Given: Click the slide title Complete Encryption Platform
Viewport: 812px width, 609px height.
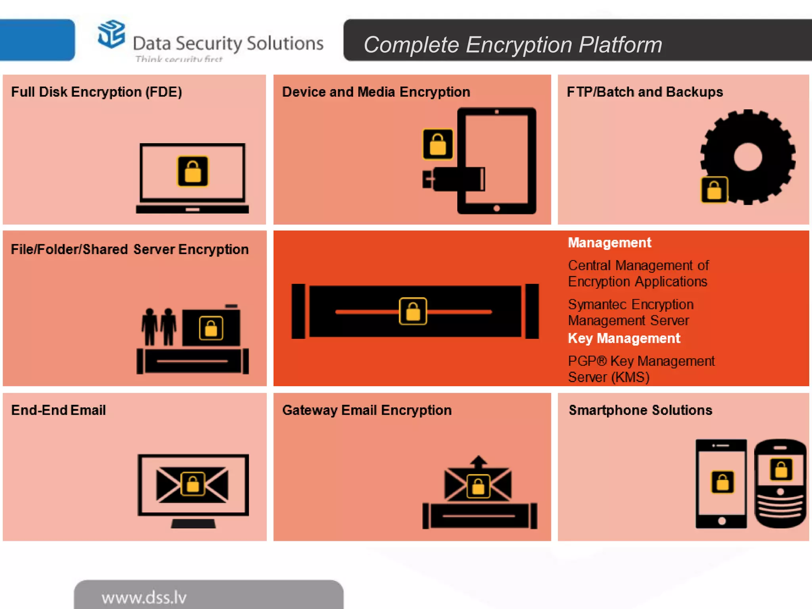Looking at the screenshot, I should pyautogui.click(x=512, y=44).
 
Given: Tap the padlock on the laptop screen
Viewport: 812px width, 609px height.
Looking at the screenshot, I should pyautogui.click(x=193, y=171).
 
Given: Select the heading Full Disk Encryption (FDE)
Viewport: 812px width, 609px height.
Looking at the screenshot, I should pyautogui.click(x=96, y=92).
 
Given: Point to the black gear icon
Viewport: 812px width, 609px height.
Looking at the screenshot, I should pyautogui.click(x=748, y=156).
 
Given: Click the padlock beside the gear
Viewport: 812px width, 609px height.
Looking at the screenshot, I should pyautogui.click(x=714, y=190).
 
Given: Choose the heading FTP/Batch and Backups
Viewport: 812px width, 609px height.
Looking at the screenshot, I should pyautogui.click(x=645, y=92).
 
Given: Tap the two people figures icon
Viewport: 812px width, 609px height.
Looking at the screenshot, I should pyautogui.click(x=159, y=326).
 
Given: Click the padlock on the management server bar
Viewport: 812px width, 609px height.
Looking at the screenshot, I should pyautogui.click(x=413, y=311).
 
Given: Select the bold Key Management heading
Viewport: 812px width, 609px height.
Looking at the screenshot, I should pyautogui.click(x=624, y=338).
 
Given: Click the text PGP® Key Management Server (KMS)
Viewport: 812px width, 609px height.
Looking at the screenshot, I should pyautogui.click(x=641, y=369).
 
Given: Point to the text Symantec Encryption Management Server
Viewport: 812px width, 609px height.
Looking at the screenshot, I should pyautogui.click(x=630, y=312).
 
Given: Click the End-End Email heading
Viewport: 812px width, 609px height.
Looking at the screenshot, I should pyautogui.click(x=58, y=410).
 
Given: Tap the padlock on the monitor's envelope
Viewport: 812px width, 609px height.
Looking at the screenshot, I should pyautogui.click(x=193, y=484).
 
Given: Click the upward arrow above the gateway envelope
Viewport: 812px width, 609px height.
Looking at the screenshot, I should pyautogui.click(x=479, y=461).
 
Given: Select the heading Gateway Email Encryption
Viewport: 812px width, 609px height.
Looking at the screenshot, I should pyautogui.click(x=367, y=410).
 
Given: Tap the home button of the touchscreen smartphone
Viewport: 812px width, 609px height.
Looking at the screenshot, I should pyautogui.click(x=722, y=521).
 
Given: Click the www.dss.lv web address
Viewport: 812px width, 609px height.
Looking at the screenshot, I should pyautogui.click(x=144, y=598).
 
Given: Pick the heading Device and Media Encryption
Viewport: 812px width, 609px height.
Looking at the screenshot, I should pyautogui.click(x=376, y=92).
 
